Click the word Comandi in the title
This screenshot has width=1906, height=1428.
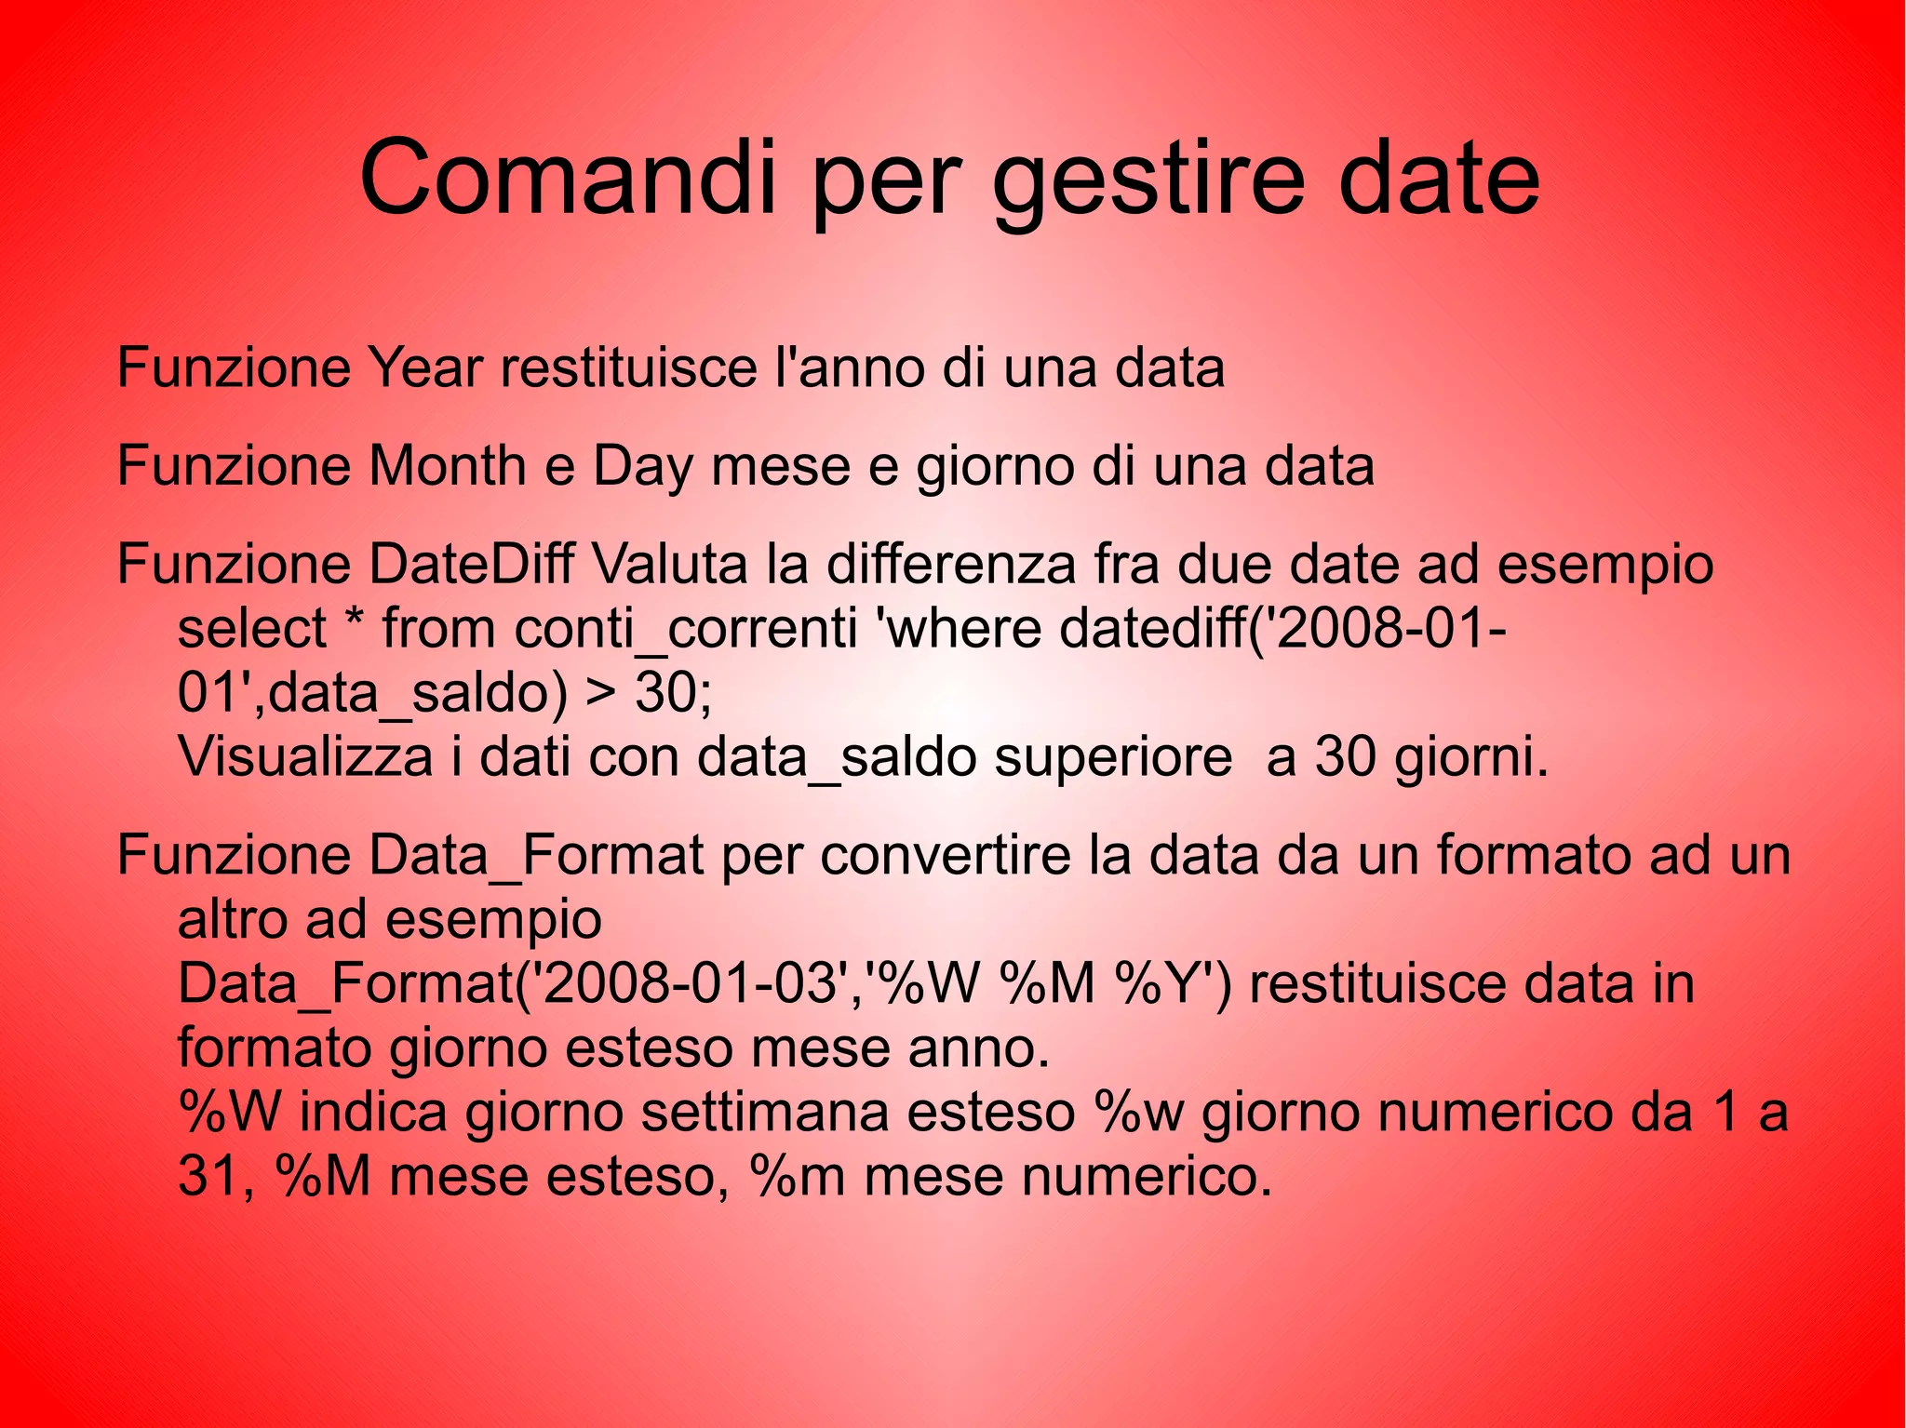point(567,177)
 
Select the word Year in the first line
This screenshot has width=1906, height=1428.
point(424,367)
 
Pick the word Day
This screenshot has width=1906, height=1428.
point(642,468)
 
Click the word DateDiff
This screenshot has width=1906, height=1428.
point(471,564)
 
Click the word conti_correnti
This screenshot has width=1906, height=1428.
point(686,630)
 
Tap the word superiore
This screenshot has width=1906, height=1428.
point(1113,759)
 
